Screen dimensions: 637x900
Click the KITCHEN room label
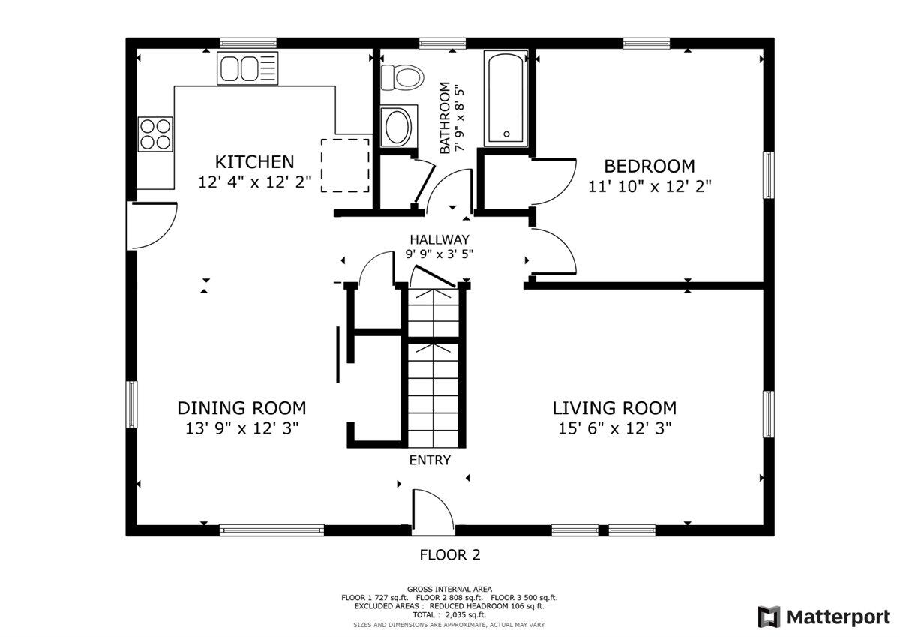[x=254, y=161]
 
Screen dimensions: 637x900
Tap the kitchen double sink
[x=247, y=69]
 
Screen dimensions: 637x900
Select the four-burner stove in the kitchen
[x=154, y=134]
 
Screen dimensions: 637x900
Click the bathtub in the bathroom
[x=506, y=98]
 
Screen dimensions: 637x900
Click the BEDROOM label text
[x=649, y=166]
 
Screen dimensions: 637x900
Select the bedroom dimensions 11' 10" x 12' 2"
[x=649, y=186]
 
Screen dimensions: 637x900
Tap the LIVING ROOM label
[x=614, y=408]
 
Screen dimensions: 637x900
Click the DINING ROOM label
[x=241, y=408]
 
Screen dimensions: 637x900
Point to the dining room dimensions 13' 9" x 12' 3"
[x=241, y=428]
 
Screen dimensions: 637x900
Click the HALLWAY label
[x=439, y=239]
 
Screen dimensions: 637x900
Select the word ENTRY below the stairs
[x=430, y=460]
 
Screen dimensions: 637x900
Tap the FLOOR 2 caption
[x=449, y=555]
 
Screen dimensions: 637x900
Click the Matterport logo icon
[x=769, y=617]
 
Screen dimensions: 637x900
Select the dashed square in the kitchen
[x=346, y=164]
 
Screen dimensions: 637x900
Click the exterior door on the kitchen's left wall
[x=154, y=225]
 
